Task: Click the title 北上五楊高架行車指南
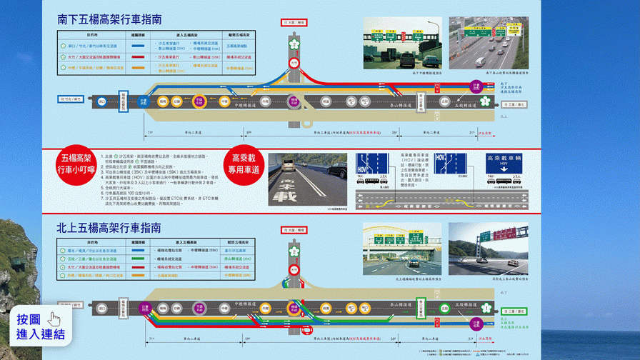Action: click(109, 229)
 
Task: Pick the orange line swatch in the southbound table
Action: click(139, 69)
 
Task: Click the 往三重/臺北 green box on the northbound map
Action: click(514, 311)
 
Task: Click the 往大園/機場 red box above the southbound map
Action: click(294, 23)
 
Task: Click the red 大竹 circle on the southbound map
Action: click(294, 64)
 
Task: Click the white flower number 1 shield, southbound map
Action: click(294, 45)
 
